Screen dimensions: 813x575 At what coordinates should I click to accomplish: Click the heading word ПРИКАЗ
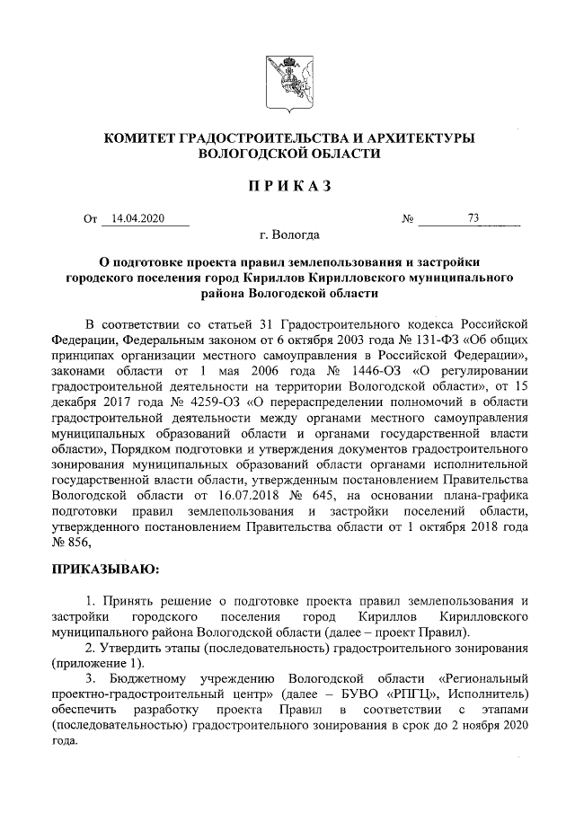287,186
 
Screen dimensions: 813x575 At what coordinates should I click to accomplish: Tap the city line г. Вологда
288,235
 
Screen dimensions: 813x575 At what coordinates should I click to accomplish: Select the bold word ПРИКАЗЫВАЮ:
104,568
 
